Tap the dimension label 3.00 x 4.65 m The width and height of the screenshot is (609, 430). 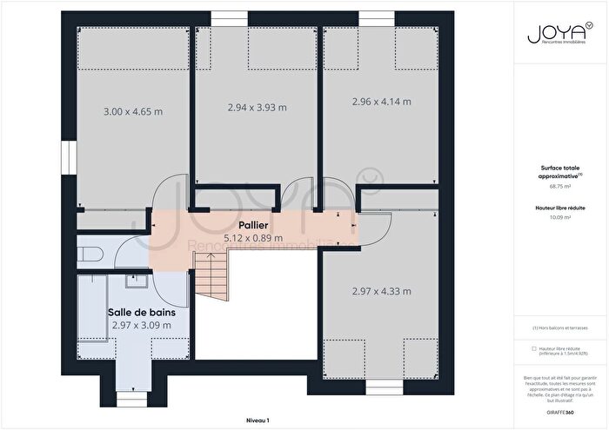(x=133, y=112)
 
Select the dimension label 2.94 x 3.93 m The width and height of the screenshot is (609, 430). (x=257, y=108)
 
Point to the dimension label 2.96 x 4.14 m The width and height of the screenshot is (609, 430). (x=381, y=102)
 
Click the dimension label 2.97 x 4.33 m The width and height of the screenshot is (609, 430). (x=381, y=291)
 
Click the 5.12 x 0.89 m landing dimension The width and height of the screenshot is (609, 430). (x=253, y=237)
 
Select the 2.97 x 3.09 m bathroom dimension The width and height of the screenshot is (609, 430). (x=142, y=325)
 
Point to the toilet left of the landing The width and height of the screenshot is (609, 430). (x=90, y=255)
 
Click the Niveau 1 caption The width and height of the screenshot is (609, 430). (x=257, y=420)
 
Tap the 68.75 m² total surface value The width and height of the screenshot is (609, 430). (x=560, y=187)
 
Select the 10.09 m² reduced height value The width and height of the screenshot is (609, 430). (x=560, y=218)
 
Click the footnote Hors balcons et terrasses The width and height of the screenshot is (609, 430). (x=559, y=328)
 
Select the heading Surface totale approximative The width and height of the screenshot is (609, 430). (x=559, y=172)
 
